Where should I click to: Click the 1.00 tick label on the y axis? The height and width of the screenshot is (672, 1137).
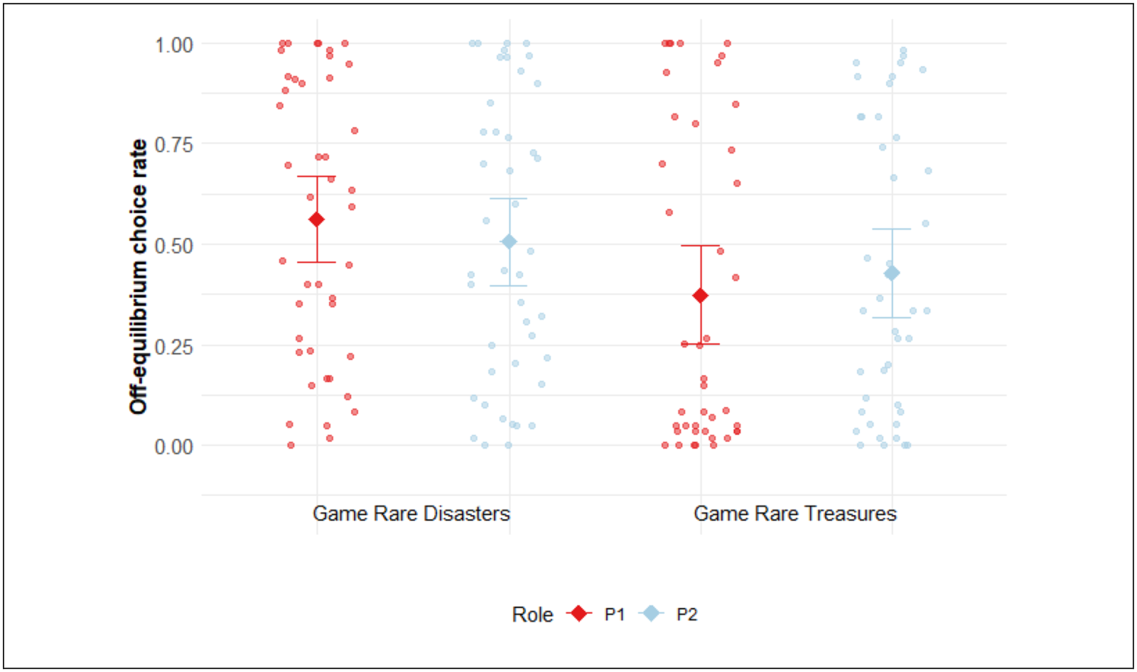[x=173, y=45]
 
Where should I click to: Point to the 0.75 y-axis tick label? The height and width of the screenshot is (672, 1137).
[x=173, y=145]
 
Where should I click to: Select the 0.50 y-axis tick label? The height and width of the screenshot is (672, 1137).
[x=173, y=246]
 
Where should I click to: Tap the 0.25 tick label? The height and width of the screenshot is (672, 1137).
[x=173, y=347]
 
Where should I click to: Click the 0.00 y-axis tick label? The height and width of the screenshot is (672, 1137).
[x=173, y=447]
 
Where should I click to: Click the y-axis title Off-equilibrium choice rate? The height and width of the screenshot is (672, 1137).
[x=138, y=277]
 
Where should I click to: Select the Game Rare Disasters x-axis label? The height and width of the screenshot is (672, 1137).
[x=411, y=513]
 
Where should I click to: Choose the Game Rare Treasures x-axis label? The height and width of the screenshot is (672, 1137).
[x=794, y=513]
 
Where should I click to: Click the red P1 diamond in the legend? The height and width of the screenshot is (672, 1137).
[x=579, y=613]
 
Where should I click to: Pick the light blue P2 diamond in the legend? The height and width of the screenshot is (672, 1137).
[x=651, y=613]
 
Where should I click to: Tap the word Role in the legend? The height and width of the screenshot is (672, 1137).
[x=532, y=614]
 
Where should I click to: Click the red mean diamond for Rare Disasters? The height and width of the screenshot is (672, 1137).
[x=317, y=220]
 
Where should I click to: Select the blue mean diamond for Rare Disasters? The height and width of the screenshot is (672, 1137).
[x=509, y=242]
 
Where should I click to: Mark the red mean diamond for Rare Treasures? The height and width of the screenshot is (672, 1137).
[x=701, y=296]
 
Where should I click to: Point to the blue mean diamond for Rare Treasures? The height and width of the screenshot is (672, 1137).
[x=892, y=273]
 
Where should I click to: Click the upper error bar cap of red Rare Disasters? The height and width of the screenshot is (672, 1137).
[x=317, y=176]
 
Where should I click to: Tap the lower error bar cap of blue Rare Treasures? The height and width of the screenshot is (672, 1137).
[x=892, y=318]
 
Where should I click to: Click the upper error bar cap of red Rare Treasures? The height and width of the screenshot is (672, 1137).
[x=701, y=246]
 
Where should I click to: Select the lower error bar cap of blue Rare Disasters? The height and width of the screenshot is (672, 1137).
[x=509, y=286]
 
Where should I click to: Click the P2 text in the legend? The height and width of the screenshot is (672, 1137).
[x=686, y=614]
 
